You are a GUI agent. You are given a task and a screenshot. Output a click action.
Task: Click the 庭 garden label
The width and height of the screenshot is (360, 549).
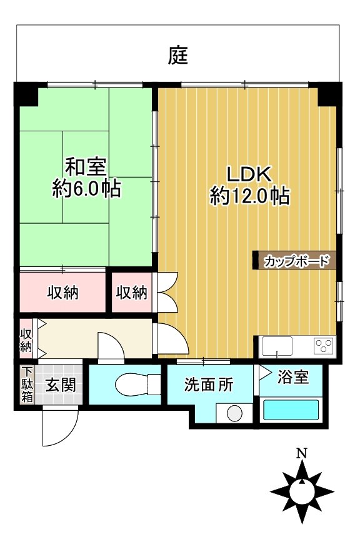178,56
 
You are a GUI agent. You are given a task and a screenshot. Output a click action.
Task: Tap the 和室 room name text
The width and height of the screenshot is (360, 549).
86,167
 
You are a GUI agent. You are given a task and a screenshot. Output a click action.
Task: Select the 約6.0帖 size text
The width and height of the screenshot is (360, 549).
86,189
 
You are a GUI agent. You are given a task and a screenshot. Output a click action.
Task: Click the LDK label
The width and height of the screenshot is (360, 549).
249,173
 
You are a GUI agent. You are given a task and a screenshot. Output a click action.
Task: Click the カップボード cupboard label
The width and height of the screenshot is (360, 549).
296,261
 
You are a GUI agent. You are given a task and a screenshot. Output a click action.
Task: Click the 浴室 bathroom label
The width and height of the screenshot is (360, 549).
292,378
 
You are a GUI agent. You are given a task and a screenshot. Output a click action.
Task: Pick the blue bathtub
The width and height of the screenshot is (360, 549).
291,410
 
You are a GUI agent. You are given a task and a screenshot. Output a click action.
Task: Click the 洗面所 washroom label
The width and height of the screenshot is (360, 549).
209,385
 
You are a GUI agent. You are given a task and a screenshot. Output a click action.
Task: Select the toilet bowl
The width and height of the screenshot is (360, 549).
132,382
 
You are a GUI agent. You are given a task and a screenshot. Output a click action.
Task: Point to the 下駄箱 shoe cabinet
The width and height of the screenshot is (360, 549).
27,384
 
